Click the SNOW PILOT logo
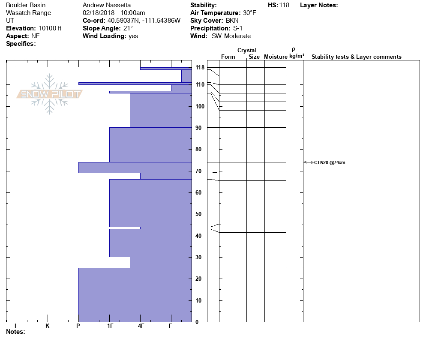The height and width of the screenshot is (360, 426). click(49, 94)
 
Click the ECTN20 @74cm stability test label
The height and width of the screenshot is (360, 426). click(328, 162)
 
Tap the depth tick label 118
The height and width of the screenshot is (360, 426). click(200, 68)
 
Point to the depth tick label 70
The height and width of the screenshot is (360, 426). click(198, 171)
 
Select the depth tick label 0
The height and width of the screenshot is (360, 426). click(197, 322)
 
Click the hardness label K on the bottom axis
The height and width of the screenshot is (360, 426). click(48, 326)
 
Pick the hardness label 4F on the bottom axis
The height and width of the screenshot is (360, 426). click(141, 326)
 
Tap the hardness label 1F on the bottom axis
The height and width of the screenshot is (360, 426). click(110, 326)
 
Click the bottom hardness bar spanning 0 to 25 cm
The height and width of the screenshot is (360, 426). click(135, 295)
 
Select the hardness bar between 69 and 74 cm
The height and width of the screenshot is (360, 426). click(135, 168)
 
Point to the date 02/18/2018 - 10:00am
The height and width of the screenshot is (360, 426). click(114, 13)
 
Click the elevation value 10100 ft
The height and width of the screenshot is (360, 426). click(50, 28)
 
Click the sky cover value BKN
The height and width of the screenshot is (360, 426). click(233, 21)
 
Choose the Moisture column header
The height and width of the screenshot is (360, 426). click(276, 57)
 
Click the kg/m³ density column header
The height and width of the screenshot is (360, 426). click(297, 56)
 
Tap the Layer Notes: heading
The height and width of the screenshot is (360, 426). click(319, 5)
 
